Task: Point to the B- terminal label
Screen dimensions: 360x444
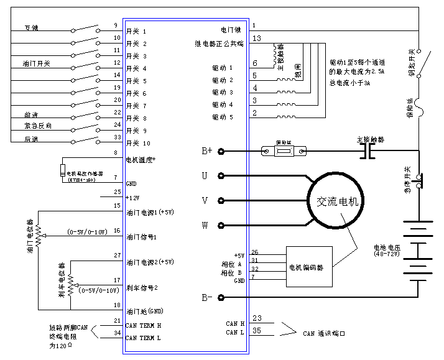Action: tap(207, 297)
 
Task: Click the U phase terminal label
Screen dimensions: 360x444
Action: tap(204, 176)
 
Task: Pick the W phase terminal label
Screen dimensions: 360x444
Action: tap(204, 224)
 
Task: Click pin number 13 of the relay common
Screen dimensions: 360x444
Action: tap(257, 39)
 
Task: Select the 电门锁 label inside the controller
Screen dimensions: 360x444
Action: tap(232, 30)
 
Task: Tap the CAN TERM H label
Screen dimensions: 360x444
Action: tap(144, 325)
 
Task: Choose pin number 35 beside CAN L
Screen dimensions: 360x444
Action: tap(257, 332)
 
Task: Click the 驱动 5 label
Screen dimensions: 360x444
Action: tap(223, 117)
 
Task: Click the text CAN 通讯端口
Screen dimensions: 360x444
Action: tap(324, 334)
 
